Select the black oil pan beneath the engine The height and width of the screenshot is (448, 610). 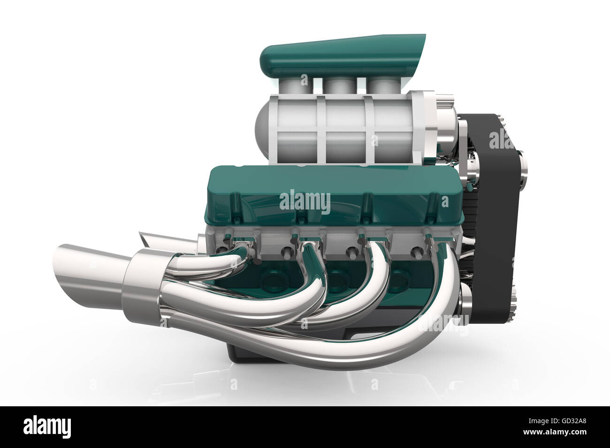tap(244, 351)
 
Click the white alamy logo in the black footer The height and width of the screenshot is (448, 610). tap(47, 427)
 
